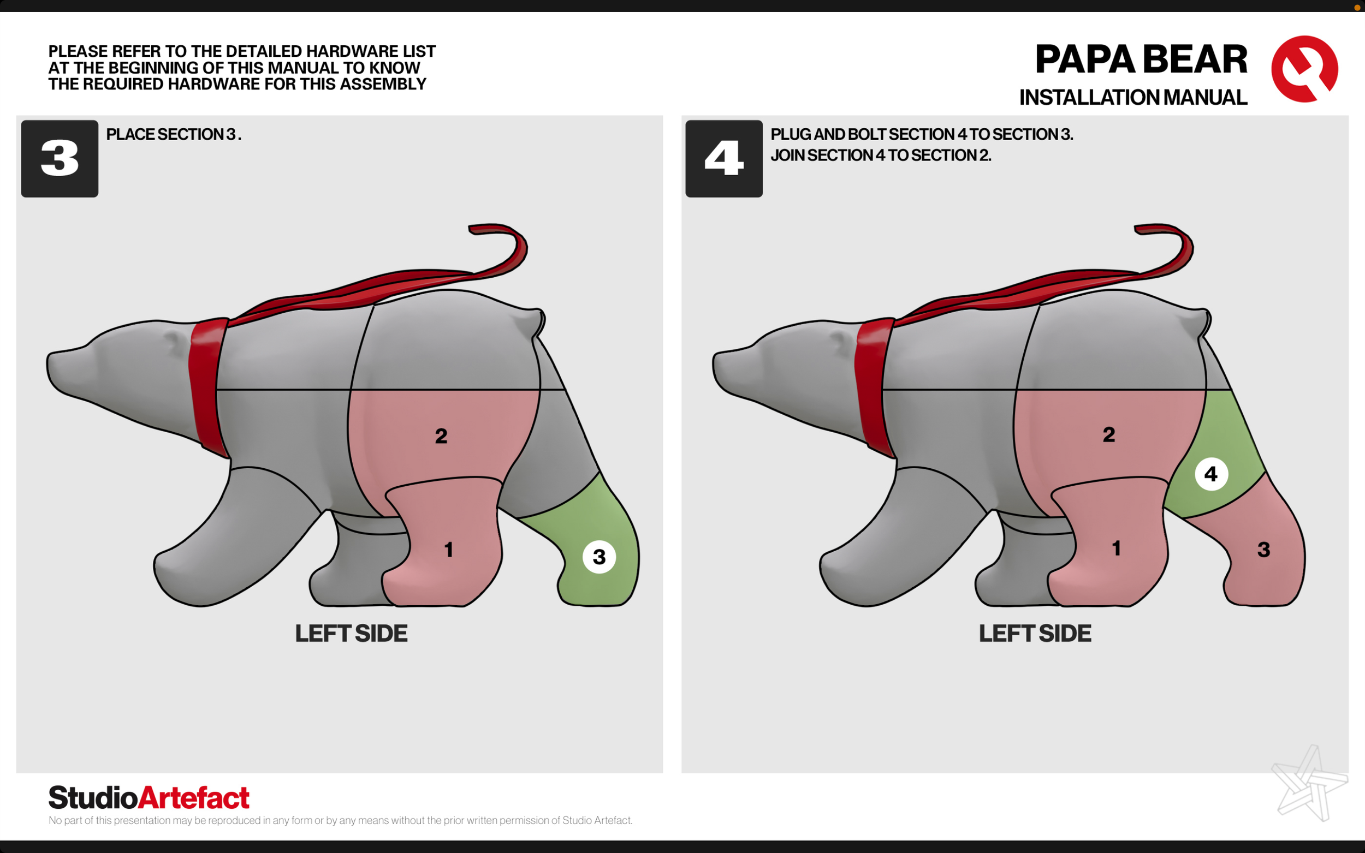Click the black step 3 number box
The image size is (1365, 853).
(x=60, y=158)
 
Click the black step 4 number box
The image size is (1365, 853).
(x=724, y=158)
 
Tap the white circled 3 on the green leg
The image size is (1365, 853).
(x=600, y=557)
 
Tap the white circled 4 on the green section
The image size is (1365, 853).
(x=1211, y=474)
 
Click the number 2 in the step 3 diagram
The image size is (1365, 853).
(x=441, y=436)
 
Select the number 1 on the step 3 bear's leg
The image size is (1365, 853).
(x=449, y=550)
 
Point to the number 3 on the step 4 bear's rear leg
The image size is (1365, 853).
(x=1264, y=550)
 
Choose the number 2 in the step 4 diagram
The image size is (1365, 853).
(x=1109, y=434)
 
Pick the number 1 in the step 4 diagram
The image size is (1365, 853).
(x=1116, y=548)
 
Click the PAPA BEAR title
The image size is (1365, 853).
(x=1141, y=59)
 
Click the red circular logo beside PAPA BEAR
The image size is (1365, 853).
(x=1304, y=69)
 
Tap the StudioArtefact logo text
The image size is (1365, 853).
(x=149, y=798)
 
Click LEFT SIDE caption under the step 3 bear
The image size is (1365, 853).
(x=351, y=634)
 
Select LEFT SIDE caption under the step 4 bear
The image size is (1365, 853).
(x=1035, y=634)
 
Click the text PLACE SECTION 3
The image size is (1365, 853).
(x=174, y=134)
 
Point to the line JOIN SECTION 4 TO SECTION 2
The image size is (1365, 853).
(x=881, y=155)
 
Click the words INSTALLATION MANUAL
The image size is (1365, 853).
(x=1133, y=98)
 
